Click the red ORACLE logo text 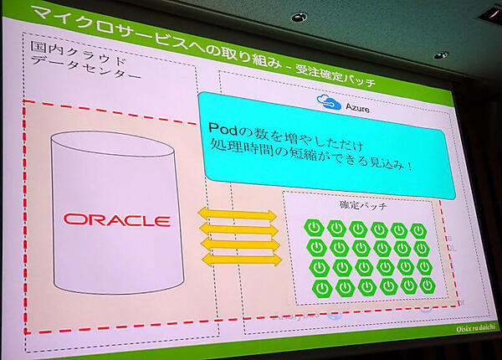(117, 221)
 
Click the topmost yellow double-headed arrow (238, 215)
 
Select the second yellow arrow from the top (238, 229)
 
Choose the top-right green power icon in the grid (418, 230)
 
